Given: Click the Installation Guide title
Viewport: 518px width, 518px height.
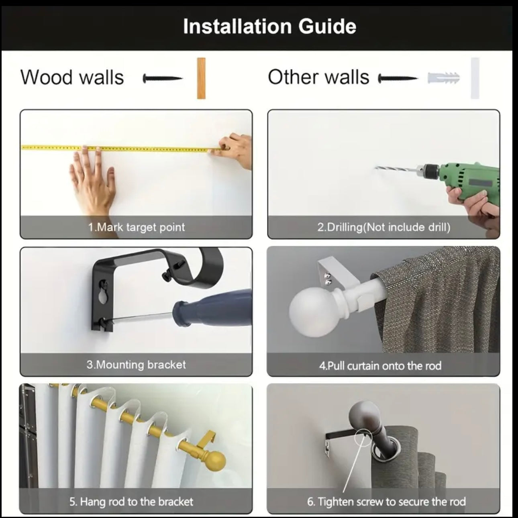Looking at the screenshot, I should coord(269,27).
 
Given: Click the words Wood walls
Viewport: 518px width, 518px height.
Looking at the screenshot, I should coord(72,77).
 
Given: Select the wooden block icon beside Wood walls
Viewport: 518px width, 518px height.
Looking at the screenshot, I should coord(201,78).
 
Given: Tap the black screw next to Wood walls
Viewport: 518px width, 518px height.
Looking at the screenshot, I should coord(163,79).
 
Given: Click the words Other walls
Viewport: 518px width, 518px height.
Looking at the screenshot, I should coord(318,77).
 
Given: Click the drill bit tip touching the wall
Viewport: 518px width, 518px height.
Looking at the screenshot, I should coord(377,169).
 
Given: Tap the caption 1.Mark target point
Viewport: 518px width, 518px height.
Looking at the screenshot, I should coord(137,227).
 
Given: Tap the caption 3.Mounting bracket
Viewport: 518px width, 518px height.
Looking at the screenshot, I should coord(137,365).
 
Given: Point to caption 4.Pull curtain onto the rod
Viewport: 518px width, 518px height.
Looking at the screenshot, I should coord(380,366).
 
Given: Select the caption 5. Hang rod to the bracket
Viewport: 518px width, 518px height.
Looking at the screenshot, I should coord(131,502).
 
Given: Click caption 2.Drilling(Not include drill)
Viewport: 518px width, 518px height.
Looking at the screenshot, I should coord(383,227).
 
